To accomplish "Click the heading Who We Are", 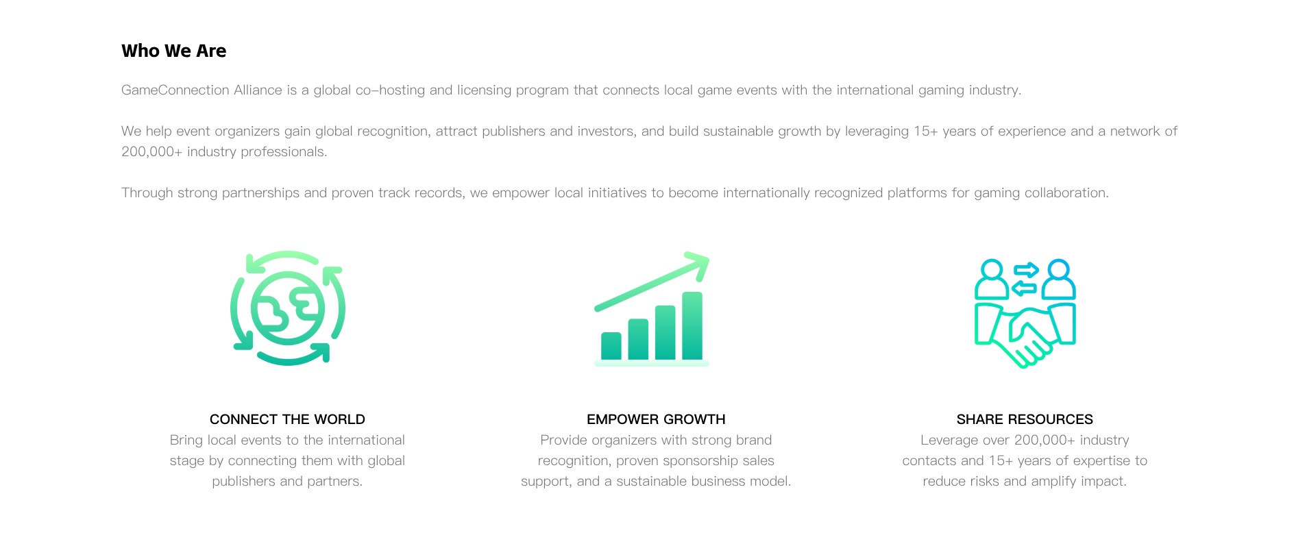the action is [173, 51].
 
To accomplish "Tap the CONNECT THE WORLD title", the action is [287, 419].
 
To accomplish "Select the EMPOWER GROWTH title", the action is [656, 419].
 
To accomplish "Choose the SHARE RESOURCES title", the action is [1025, 419].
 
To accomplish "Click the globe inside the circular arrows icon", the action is [287, 308].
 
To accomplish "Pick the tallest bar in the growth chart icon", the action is [692, 325].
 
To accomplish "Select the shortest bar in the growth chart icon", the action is [611, 346].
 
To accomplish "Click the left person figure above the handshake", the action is [992, 279].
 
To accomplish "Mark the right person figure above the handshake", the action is [1059, 279].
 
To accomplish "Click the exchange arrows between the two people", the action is [1025, 279].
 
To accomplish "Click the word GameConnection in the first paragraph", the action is [175, 90].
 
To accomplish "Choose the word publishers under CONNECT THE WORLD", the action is [243, 481].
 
